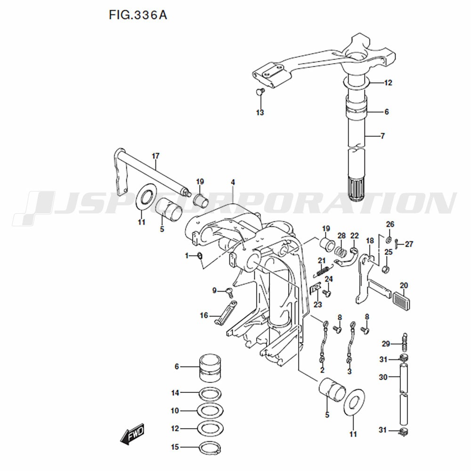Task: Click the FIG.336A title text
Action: (x=138, y=15)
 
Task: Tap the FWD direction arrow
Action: (x=132, y=434)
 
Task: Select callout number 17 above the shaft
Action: (x=155, y=156)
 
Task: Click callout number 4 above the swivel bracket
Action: (x=233, y=182)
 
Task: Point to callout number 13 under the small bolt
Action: (x=260, y=113)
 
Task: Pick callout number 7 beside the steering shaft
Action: (x=382, y=136)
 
